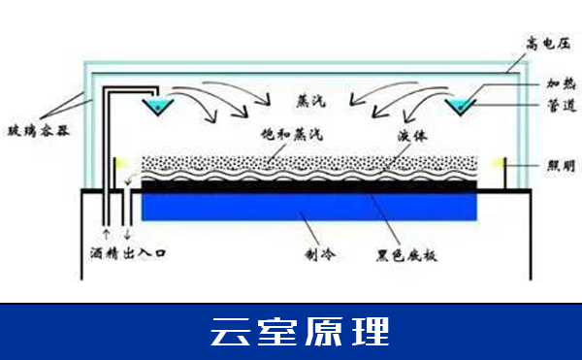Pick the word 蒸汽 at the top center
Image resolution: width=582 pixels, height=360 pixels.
coord(310,99)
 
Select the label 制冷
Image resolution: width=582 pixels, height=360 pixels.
coord(318,255)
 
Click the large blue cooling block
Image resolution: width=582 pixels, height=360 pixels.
coord(310,205)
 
